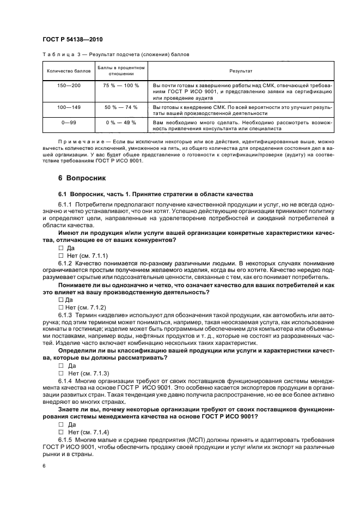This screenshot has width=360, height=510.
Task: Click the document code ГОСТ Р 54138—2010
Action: [x=72, y=40]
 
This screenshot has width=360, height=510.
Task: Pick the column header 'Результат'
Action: [x=240, y=71]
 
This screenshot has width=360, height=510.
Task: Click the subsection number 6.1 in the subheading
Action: [x=63, y=195]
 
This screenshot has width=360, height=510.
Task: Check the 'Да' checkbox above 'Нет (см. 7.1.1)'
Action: [x=60, y=247]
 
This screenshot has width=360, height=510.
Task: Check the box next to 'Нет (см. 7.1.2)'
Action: [x=60, y=307]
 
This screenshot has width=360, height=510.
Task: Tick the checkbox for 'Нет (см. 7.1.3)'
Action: [x=60, y=373]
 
